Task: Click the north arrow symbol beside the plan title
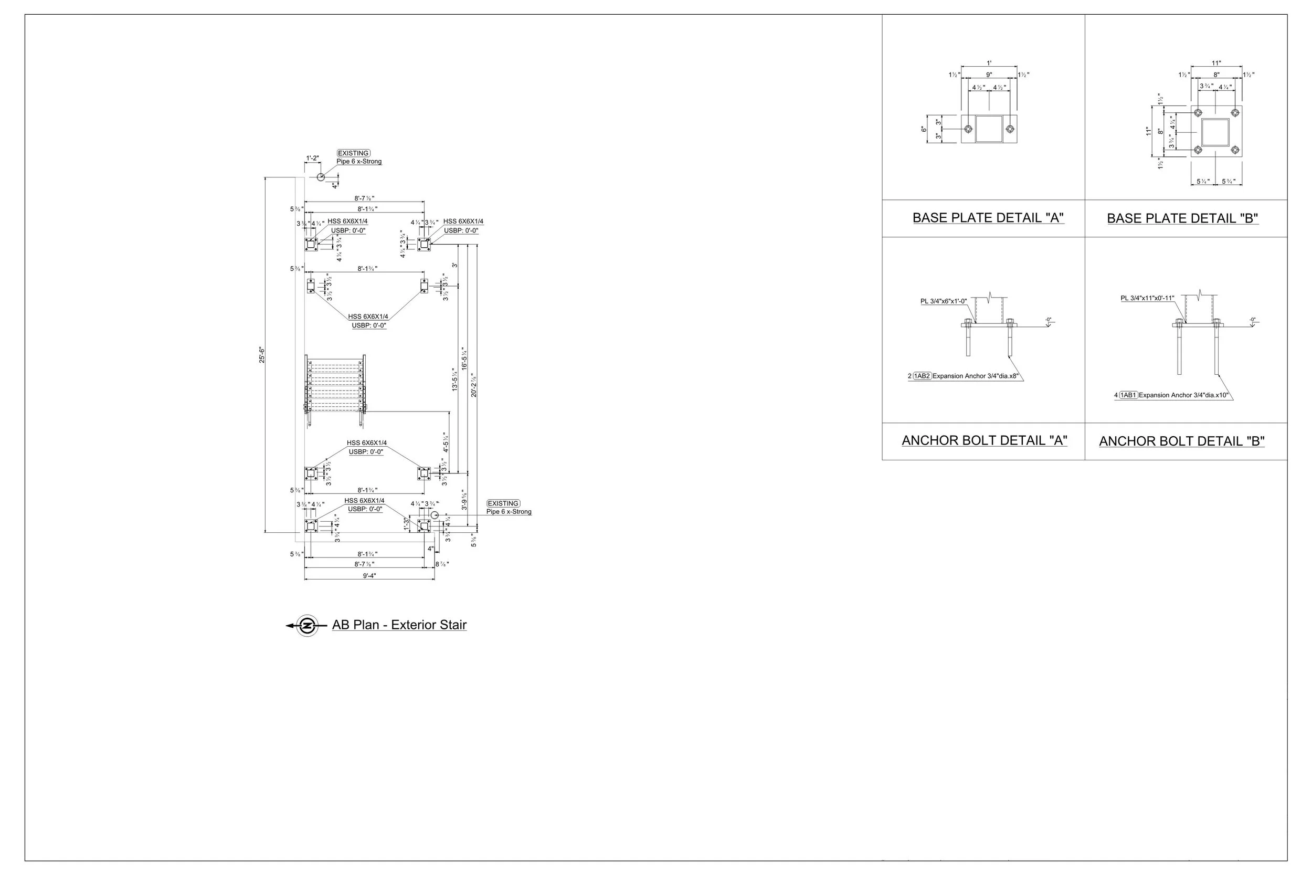pyautogui.click(x=307, y=626)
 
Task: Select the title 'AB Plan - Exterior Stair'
pyautogui.click(x=399, y=625)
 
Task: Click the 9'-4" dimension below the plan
pyautogui.click(x=369, y=576)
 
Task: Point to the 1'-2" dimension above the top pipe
pyautogui.click(x=312, y=158)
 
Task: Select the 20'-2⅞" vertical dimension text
pyautogui.click(x=473, y=385)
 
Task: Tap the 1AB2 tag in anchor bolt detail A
pyautogui.click(x=922, y=376)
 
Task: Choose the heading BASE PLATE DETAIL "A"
pyautogui.click(x=988, y=218)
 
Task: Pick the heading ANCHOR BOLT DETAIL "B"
pyautogui.click(x=1181, y=441)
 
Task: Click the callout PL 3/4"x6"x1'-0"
pyautogui.click(x=943, y=301)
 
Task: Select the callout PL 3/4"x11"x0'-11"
pyautogui.click(x=1147, y=299)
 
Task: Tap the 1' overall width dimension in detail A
pyautogui.click(x=989, y=63)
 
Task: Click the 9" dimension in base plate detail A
pyautogui.click(x=989, y=75)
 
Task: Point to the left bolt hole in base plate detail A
pyautogui.click(x=968, y=129)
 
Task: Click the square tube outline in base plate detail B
pyautogui.click(x=1215, y=132)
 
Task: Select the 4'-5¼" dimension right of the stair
pyautogui.click(x=446, y=442)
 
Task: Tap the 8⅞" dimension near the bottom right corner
pyautogui.click(x=442, y=565)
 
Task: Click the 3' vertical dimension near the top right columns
pyautogui.click(x=455, y=265)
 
